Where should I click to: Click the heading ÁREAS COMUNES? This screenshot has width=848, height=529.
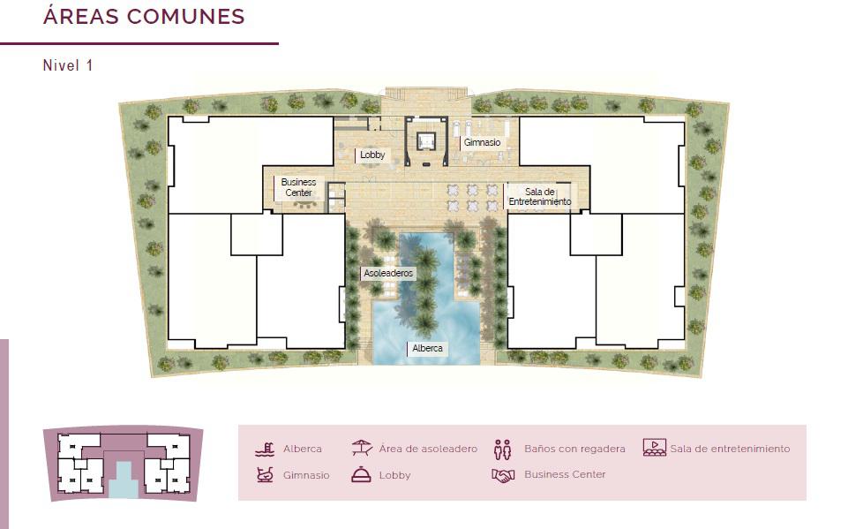[144, 16]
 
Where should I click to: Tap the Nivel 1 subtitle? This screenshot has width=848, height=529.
[68, 65]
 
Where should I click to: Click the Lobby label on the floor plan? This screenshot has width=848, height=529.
[372, 155]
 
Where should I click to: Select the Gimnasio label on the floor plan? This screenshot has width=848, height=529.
[482, 142]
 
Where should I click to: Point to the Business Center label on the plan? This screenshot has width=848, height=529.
[298, 187]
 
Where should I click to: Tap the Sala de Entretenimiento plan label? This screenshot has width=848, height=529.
[540, 197]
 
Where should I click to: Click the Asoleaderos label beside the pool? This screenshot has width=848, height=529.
[388, 274]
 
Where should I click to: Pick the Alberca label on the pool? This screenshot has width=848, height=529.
[427, 348]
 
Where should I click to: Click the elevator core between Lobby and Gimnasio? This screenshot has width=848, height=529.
[426, 141]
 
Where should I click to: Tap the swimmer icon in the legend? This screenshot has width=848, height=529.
[265, 450]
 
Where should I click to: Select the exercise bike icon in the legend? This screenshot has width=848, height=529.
[265, 475]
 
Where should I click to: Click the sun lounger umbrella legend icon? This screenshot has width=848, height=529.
[361, 448]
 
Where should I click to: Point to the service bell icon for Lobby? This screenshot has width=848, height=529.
[361, 474]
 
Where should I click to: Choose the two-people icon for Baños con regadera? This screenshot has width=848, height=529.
[502, 450]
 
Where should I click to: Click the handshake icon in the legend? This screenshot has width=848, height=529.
[503, 475]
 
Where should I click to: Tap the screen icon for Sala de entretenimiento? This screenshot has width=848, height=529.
[655, 447]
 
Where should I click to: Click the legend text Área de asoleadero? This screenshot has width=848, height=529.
[428, 449]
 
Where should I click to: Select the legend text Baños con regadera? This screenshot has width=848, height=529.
[574, 449]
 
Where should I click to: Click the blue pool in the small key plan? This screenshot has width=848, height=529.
[124, 479]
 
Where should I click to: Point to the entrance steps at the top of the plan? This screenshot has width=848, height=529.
[425, 93]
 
